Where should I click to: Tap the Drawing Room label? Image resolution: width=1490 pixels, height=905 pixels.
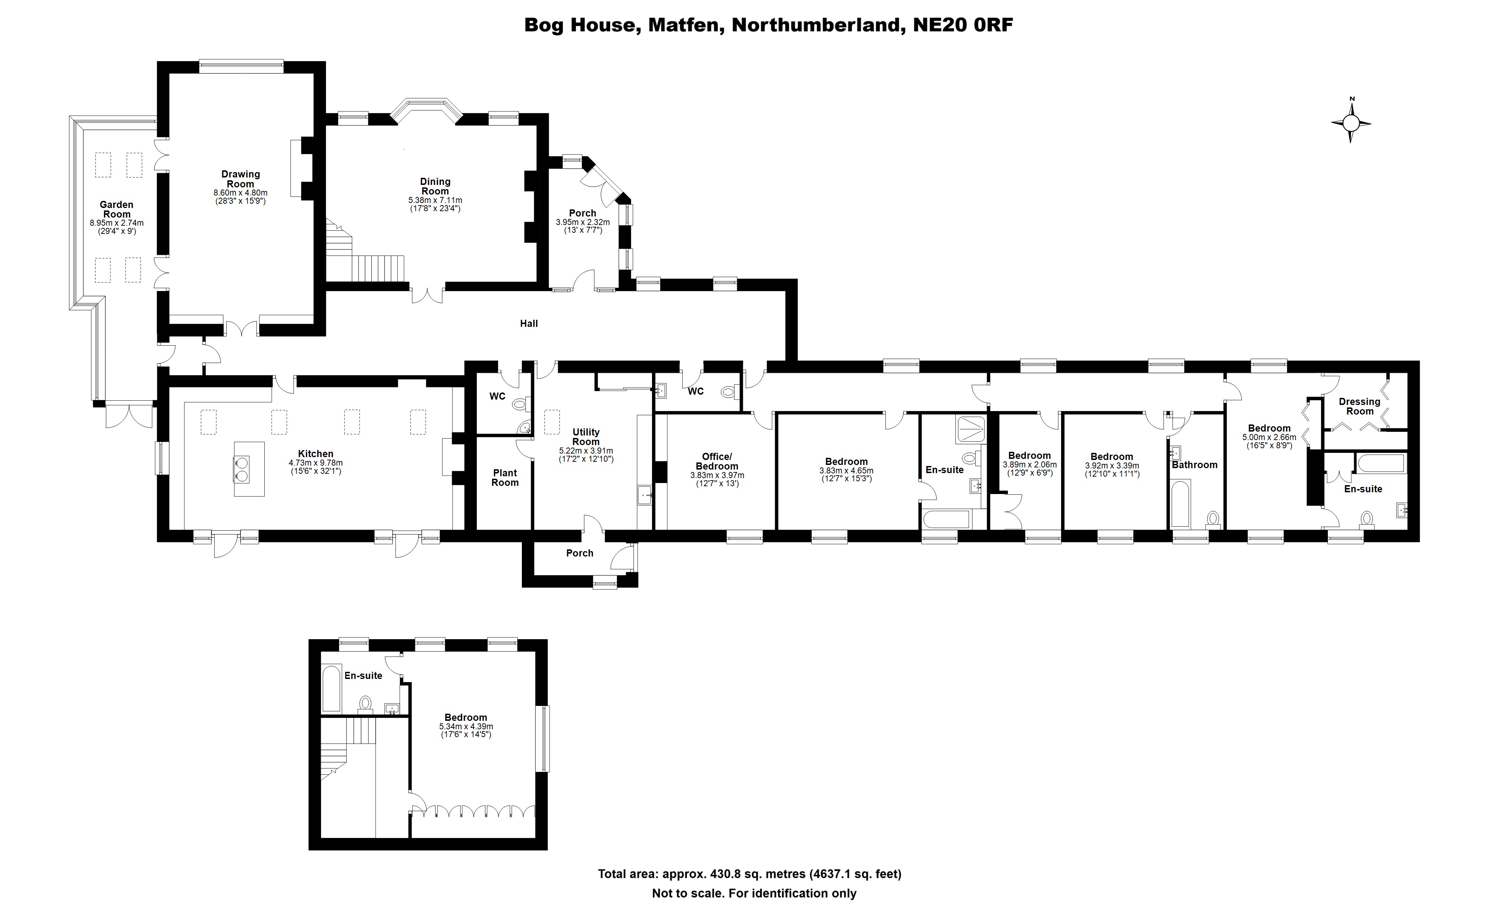(x=240, y=179)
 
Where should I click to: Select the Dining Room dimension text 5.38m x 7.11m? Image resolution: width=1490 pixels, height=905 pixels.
(x=435, y=200)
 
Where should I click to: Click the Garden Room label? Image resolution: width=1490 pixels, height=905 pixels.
(x=117, y=209)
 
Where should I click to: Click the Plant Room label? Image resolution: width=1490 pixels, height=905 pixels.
(x=505, y=477)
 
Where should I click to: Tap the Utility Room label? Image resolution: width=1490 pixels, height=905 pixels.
(x=586, y=437)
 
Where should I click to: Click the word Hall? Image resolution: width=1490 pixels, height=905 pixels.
(x=529, y=324)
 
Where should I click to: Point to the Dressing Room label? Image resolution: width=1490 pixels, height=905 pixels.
(x=1359, y=406)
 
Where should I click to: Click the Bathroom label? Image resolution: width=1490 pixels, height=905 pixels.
(x=1194, y=465)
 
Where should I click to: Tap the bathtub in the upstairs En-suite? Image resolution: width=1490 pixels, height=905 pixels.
(x=331, y=689)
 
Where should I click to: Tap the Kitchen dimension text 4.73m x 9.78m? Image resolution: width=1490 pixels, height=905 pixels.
(x=316, y=463)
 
